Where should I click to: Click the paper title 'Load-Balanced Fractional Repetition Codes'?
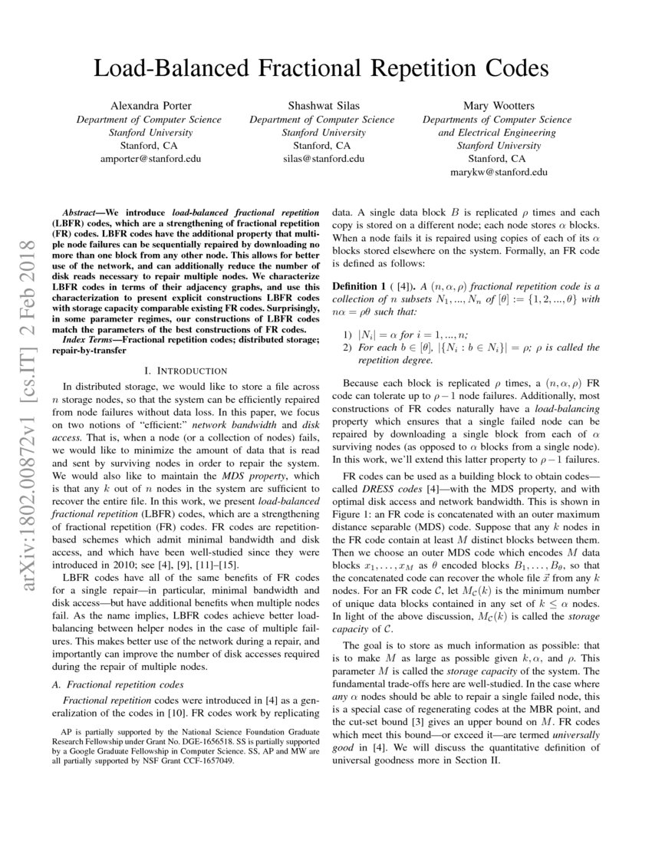coord(321,69)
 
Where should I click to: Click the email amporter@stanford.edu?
coord(150,159)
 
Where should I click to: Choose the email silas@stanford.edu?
coord(322,159)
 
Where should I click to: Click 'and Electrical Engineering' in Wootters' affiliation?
coord(497,132)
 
